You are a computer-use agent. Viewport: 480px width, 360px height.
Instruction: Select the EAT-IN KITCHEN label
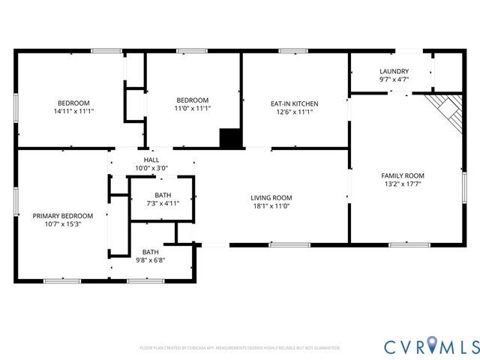click(x=295, y=103)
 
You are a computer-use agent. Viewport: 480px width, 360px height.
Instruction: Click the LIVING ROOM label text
click(x=271, y=198)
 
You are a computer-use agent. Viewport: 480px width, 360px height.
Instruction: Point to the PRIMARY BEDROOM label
click(x=62, y=215)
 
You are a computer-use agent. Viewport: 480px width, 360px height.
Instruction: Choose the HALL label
click(x=151, y=160)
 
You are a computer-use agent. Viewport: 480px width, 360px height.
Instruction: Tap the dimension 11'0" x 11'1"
click(x=192, y=108)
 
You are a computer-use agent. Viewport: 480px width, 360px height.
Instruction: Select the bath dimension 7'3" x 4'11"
click(x=162, y=202)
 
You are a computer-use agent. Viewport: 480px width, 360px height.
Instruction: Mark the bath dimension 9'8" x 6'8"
click(x=150, y=260)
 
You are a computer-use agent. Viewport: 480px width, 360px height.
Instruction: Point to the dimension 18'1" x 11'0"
click(x=271, y=206)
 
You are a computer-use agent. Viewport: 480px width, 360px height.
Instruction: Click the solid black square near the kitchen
click(x=230, y=139)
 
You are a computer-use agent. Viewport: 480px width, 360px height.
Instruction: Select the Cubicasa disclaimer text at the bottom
click(x=240, y=348)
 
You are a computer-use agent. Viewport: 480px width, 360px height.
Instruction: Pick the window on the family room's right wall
click(x=464, y=184)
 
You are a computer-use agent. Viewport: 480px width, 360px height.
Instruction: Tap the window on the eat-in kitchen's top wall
click(x=293, y=51)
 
